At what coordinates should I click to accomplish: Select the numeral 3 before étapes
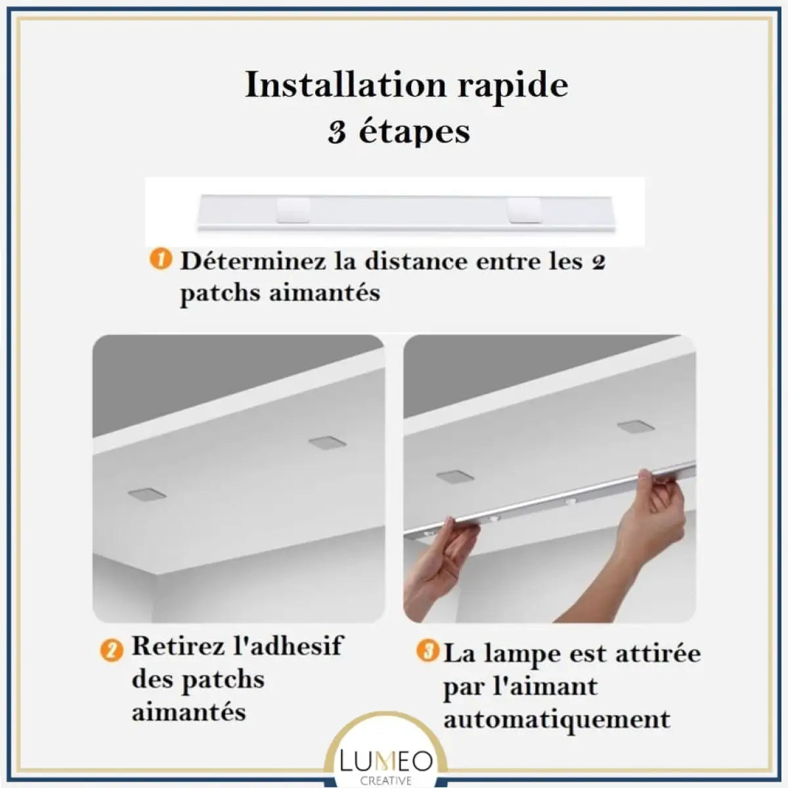click(338, 132)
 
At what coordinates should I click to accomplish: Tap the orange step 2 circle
click(111, 650)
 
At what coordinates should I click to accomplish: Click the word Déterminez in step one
click(252, 261)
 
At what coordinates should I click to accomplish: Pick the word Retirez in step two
click(177, 646)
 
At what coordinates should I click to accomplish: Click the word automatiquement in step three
click(557, 719)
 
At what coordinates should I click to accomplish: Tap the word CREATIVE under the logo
click(387, 781)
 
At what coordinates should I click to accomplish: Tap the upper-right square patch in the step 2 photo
click(323, 441)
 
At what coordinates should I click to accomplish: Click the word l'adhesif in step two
click(288, 646)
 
